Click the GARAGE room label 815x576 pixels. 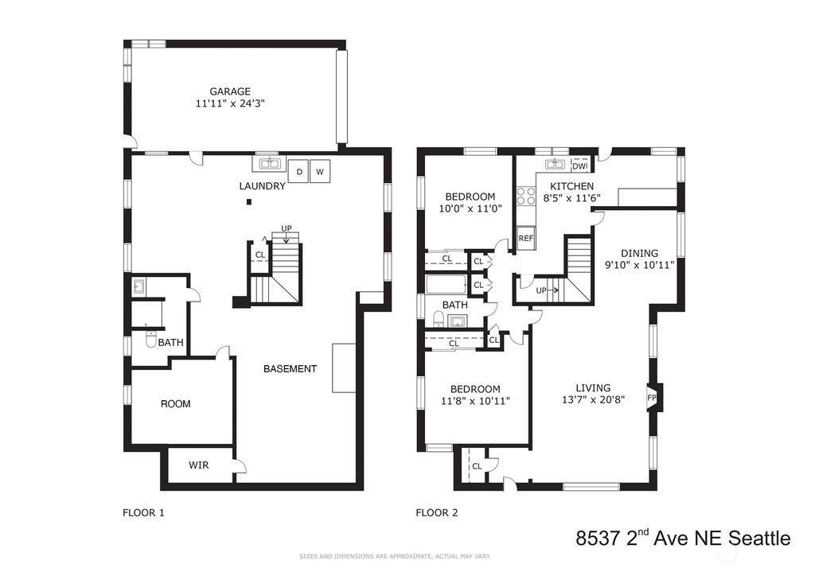(x=230, y=91)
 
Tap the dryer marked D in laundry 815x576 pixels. (x=299, y=171)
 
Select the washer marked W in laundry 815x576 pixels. (x=321, y=171)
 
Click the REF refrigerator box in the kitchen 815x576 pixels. (x=525, y=238)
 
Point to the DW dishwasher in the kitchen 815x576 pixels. (x=580, y=165)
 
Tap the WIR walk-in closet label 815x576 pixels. (x=198, y=465)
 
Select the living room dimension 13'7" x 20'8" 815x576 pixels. (x=593, y=400)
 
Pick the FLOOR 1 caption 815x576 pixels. (x=143, y=513)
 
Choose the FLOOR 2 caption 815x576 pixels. (x=437, y=513)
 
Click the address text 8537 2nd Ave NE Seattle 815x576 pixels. (x=683, y=539)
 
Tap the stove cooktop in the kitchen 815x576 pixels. (x=525, y=196)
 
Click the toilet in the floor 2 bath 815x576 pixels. (x=439, y=320)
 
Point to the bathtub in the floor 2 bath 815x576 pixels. (x=450, y=284)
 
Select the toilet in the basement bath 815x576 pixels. (x=151, y=340)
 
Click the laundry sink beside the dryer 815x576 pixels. (x=269, y=165)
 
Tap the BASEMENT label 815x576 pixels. (x=290, y=369)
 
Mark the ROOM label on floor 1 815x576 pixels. (x=176, y=404)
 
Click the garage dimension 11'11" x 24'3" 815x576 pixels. (x=230, y=103)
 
